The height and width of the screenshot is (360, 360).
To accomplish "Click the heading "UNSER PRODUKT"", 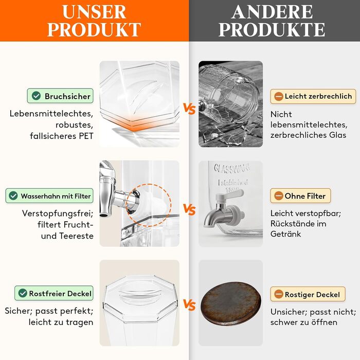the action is tap(94, 21).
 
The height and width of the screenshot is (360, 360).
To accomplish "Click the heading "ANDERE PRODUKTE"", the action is tap(272, 21).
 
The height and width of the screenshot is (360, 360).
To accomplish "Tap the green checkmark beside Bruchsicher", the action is tap(37, 96).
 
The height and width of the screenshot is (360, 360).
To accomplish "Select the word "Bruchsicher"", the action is tap(67, 96).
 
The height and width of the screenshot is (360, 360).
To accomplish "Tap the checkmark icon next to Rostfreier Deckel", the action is tap(23, 293).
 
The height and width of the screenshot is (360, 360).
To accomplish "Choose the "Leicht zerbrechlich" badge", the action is tap(313, 96).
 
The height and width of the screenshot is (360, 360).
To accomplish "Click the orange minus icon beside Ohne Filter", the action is tap(279, 196).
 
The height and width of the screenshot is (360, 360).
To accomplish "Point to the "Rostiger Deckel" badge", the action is tap(308, 294).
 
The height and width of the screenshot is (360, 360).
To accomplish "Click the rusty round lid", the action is tap(231, 304).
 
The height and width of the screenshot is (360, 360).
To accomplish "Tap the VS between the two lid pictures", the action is tap(189, 305).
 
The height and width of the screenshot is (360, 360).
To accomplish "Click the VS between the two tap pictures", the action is tap(189, 210).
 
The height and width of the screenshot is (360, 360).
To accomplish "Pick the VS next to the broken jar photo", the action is tap(189, 109).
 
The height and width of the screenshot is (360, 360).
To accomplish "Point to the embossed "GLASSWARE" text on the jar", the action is tap(231, 168).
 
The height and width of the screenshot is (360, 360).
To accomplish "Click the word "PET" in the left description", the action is tap(86, 136).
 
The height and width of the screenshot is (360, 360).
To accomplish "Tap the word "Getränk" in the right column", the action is tap(285, 234).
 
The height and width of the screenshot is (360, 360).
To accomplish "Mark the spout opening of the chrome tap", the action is tap(104, 215).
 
